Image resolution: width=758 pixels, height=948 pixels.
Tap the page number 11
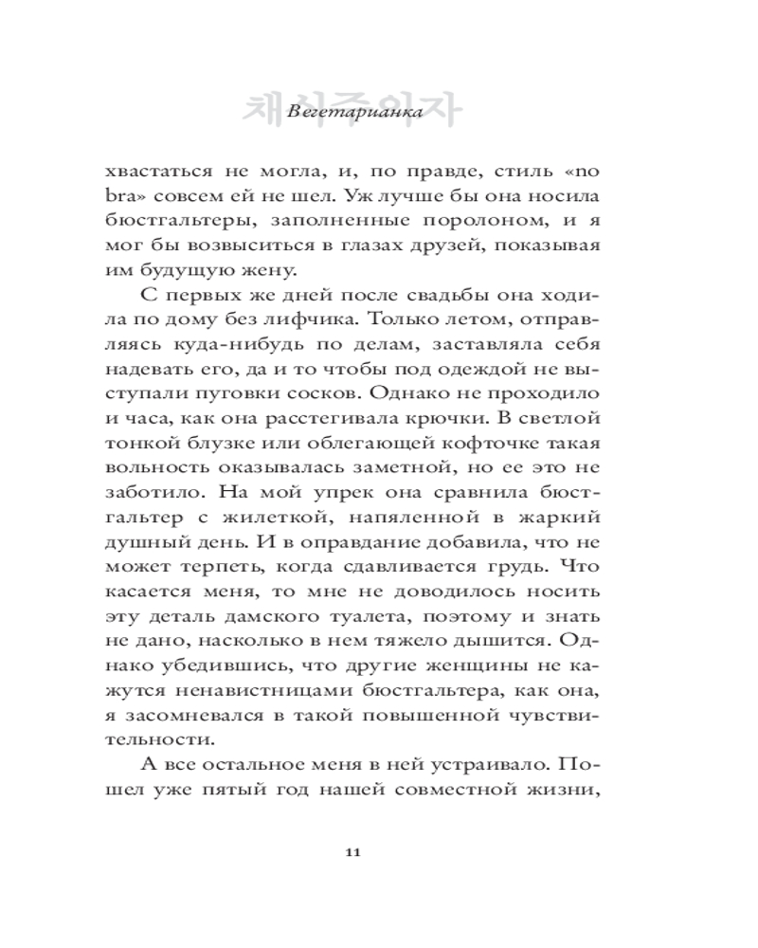click(352, 852)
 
